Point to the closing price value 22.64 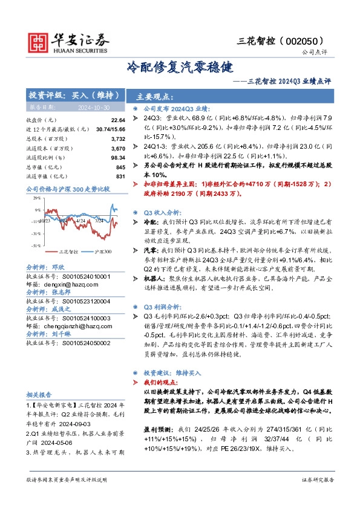coord(119,120)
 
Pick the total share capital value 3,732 coord(119,138)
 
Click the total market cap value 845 coord(120,167)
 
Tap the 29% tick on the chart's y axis coord(37,198)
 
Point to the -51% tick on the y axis coord(36,245)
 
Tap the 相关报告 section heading coord(41,393)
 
